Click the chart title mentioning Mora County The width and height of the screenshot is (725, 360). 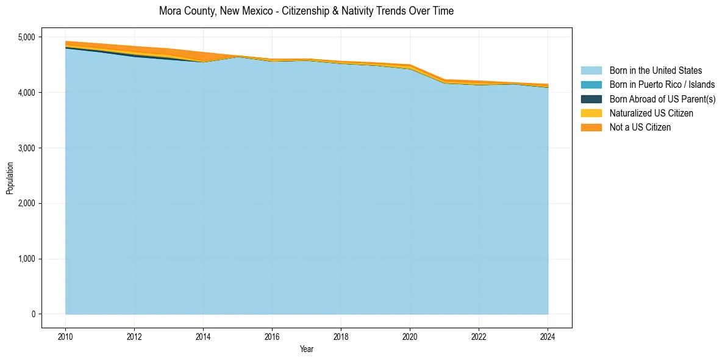point(306,11)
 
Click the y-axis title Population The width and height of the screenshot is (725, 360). point(10,178)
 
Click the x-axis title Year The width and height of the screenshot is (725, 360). point(307,349)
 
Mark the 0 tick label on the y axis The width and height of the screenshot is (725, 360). point(34,314)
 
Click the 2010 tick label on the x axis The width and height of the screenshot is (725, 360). point(65,336)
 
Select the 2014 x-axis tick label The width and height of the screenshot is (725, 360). point(203,336)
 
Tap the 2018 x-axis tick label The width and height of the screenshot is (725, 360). point(341,336)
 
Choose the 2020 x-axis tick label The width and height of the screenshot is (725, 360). point(410,336)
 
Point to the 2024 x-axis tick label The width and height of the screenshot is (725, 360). point(548,336)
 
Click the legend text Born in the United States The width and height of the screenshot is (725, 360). point(655,71)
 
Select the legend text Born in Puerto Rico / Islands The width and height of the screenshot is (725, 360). point(662,85)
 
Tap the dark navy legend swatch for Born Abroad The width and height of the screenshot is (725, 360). point(591,99)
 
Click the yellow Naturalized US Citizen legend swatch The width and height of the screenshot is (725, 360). point(591,113)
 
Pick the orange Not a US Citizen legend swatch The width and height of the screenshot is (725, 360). point(591,128)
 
